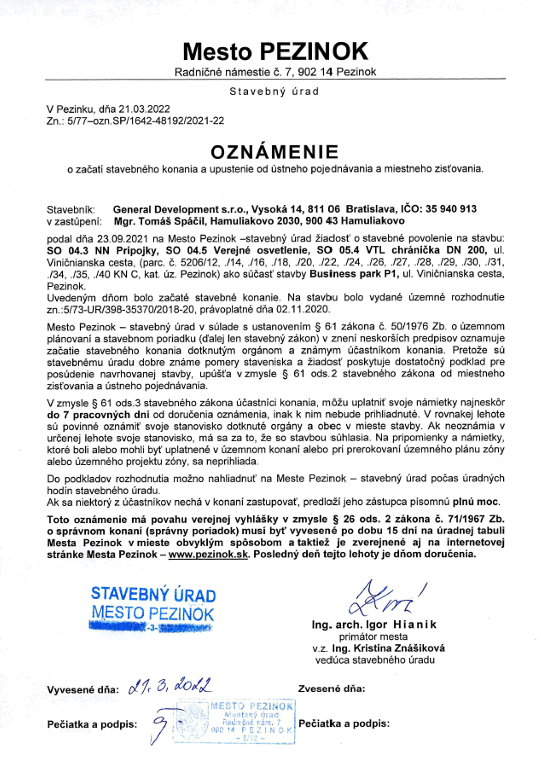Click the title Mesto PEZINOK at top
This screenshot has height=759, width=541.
[x=275, y=52]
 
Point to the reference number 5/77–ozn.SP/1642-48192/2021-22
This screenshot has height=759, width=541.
[x=146, y=121]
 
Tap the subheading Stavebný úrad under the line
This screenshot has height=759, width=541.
[x=274, y=92]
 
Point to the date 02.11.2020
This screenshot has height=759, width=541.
[x=303, y=309]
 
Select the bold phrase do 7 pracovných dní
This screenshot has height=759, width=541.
[x=98, y=415]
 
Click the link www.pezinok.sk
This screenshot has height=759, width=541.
[x=208, y=554]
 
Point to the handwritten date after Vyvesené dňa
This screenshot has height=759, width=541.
[x=170, y=686]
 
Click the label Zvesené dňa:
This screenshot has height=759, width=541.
[x=331, y=689]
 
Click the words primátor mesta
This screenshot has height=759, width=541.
[x=373, y=637]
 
